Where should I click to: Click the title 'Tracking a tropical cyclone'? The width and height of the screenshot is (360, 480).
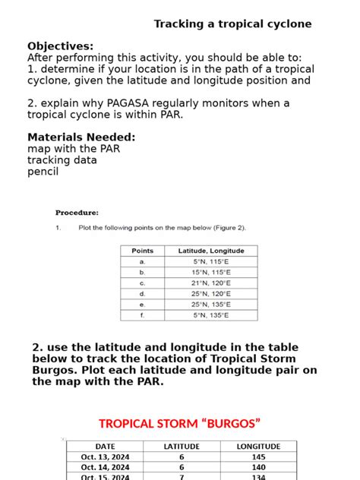(232, 24)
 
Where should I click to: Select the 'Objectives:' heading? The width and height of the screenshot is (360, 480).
(61, 46)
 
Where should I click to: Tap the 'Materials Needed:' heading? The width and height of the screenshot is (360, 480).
(81, 137)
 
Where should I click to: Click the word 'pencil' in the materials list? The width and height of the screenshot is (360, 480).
(43, 172)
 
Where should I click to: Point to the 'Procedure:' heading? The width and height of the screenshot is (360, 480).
(77, 213)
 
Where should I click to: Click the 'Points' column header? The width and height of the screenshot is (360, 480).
(142, 251)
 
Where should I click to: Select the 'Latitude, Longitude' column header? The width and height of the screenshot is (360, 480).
(211, 251)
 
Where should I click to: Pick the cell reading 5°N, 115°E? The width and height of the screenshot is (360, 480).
(211, 261)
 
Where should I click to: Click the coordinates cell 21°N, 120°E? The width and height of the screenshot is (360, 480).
(211, 283)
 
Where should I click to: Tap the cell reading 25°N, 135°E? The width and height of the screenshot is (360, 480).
(211, 304)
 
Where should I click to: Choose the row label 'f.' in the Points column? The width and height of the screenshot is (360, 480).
(142, 314)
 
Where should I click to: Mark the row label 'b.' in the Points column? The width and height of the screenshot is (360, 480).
(142, 272)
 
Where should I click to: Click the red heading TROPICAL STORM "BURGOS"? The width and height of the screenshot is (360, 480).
(180, 424)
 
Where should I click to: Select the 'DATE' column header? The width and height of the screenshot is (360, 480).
(106, 447)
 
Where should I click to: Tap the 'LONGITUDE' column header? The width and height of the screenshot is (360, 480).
(258, 447)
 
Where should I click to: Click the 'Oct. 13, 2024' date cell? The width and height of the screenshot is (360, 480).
(106, 457)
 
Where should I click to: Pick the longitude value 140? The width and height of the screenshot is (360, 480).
(258, 468)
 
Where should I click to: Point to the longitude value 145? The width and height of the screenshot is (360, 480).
(258, 457)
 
